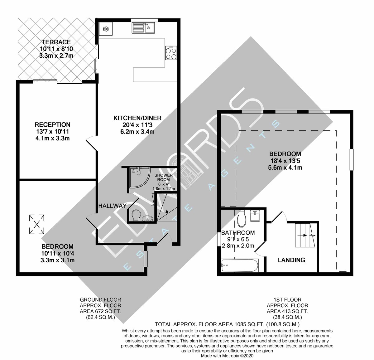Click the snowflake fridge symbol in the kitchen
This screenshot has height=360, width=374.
point(106,29)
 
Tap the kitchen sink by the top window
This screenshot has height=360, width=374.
point(143,28)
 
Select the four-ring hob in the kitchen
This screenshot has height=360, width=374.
point(171,53)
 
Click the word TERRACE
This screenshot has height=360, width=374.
point(56,42)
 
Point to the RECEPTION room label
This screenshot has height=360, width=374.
point(52,124)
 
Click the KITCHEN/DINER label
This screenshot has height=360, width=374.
point(137,118)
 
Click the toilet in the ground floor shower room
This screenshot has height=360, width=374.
point(137,216)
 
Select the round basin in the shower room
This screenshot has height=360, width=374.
point(147,218)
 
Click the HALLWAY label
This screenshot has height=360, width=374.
point(113,206)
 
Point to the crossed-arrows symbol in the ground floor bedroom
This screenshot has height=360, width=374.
point(36,224)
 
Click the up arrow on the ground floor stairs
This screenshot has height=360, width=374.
point(167,213)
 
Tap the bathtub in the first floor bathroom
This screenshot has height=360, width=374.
point(240,265)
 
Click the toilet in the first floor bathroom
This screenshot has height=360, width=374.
point(242,219)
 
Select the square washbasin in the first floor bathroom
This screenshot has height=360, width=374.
point(255,215)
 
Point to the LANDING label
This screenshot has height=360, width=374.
point(291,260)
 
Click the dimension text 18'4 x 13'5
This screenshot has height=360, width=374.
point(285,161)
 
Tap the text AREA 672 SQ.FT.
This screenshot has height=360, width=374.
point(101,311)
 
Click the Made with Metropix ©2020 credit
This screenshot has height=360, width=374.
point(227,356)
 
